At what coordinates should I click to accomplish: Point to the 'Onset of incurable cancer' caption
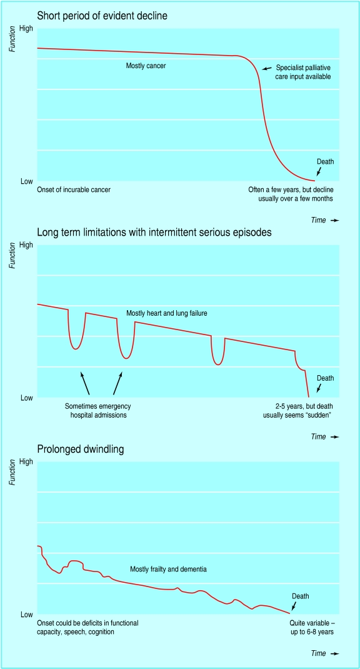[x=74, y=189]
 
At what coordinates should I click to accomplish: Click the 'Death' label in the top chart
[x=326, y=161]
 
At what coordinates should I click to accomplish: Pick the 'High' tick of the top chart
[x=26, y=28]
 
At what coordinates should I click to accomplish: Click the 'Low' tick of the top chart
[x=27, y=181]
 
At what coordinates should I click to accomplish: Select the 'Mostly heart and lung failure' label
[x=166, y=313]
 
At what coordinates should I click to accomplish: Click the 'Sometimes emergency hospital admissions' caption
[x=97, y=411]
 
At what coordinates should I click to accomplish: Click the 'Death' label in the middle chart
[x=326, y=378]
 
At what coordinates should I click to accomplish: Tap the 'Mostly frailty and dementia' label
[x=168, y=570]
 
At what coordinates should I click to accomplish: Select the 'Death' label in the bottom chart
[x=301, y=596]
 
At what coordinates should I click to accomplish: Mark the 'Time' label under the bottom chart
[x=318, y=654]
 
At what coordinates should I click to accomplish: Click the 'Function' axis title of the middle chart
[x=13, y=256]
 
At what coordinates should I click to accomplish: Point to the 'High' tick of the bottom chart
[x=26, y=461]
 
